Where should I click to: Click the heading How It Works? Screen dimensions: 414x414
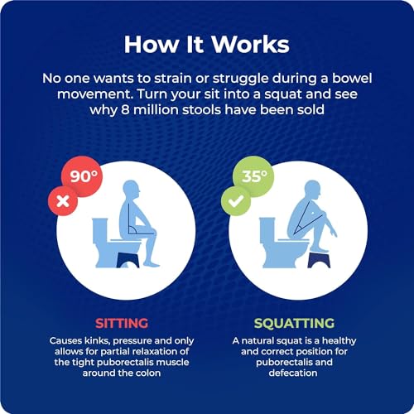pyautogui.click(x=206, y=43)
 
